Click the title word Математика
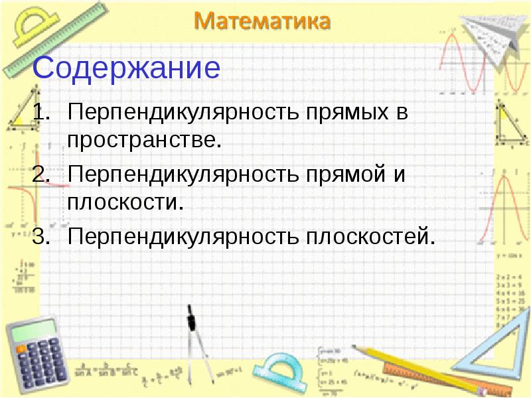(262, 21)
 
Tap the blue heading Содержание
(126, 68)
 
